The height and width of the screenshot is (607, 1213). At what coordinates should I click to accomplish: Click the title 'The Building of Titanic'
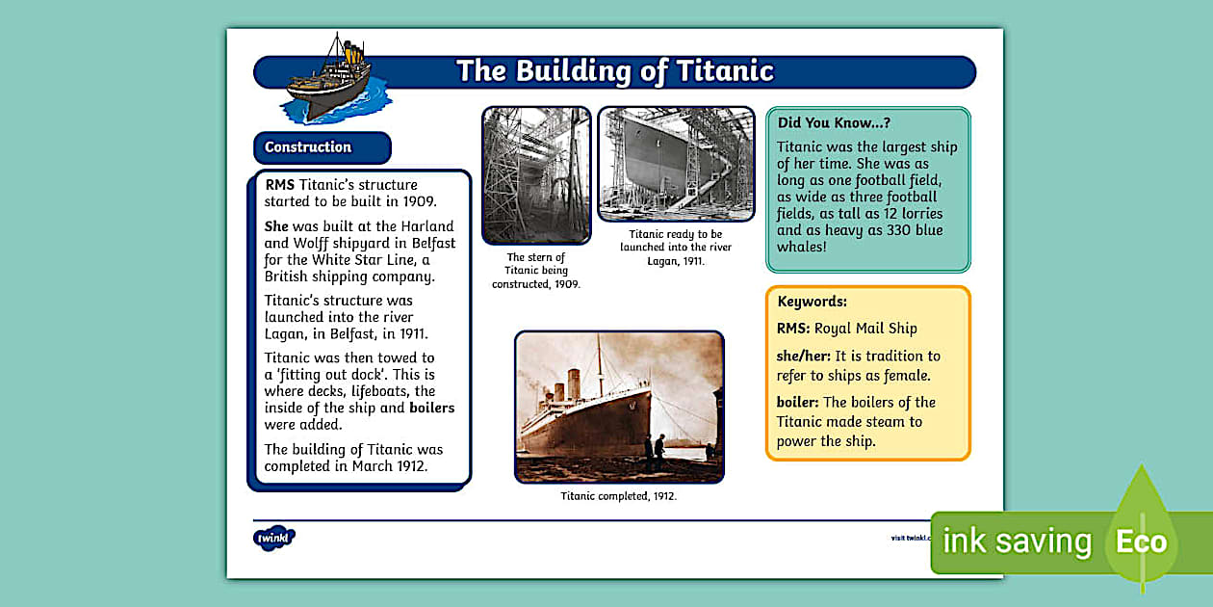coord(614,71)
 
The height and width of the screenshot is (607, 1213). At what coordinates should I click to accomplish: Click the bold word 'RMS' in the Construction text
coord(280,185)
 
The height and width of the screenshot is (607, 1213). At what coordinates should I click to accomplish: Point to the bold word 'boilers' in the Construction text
coord(431,408)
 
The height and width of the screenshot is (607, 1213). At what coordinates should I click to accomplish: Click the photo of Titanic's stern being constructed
coord(536,175)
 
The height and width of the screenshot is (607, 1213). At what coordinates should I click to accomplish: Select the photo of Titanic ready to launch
coord(676,164)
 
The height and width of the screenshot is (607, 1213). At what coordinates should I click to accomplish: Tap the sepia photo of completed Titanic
coord(619,407)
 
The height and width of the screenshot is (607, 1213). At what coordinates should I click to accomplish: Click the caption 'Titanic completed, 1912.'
coord(619,496)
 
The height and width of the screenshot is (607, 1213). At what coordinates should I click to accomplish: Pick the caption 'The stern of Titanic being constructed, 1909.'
coord(536,271)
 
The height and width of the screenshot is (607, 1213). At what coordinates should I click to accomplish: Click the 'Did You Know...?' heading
coord(834,123)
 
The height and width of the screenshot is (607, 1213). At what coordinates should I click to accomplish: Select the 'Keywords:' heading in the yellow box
coord(812,302)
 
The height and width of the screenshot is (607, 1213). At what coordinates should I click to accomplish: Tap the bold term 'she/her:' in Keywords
coord(804,356)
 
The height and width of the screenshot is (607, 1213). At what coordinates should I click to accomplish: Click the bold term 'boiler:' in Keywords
coord(798,403)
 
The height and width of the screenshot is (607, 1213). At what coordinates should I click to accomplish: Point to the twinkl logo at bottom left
coord(273,538)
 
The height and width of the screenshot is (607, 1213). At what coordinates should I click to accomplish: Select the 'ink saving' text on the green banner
coord(1017,541)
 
